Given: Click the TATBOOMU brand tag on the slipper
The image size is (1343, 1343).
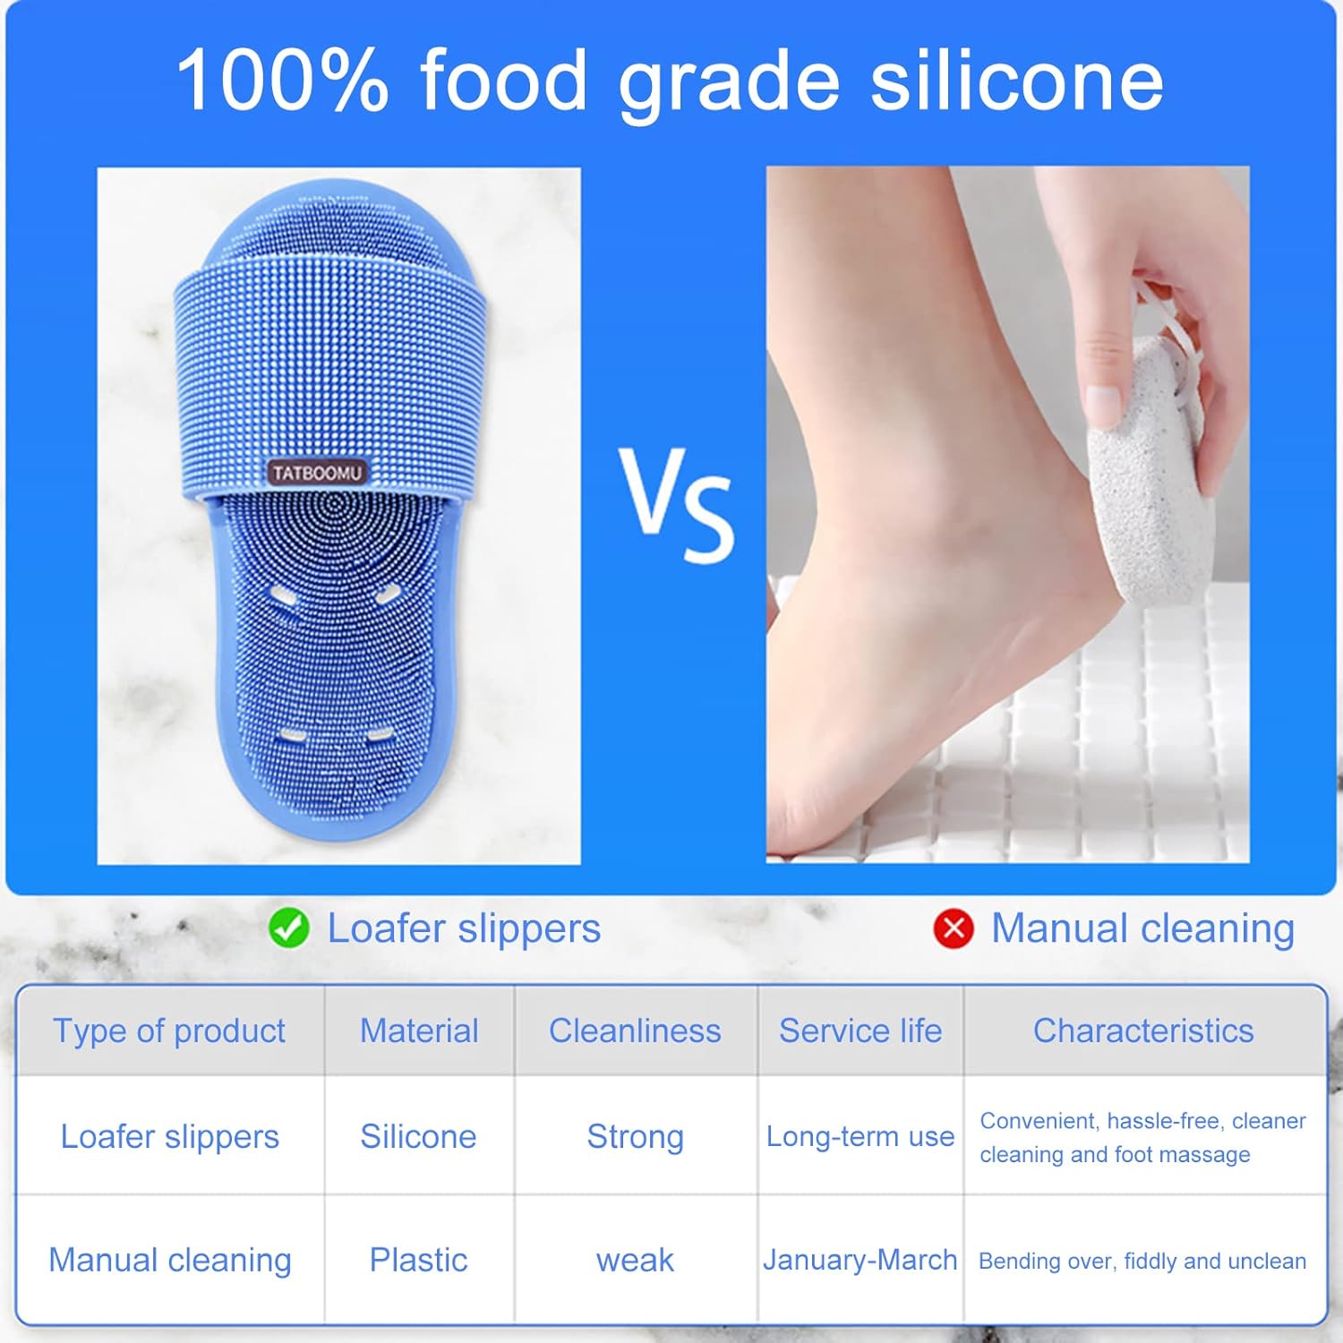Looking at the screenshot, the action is coord(317,473).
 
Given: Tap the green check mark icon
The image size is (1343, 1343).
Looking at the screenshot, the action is coord(288,928).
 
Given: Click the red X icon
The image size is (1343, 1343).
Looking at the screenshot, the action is coord(954,928).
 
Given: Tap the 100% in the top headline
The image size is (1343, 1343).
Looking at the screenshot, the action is coord(282,81).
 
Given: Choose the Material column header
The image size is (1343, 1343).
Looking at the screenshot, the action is coord(419,1031).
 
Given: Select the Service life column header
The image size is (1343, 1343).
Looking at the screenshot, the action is coord(860,1031).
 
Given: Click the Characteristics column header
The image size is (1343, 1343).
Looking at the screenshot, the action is coord(1143,1031).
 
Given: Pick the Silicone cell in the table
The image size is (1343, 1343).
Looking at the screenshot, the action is coord(418,1136).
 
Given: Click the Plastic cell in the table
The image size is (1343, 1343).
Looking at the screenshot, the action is coord(418,1260).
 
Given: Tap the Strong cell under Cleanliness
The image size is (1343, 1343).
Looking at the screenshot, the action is coord(635,1137).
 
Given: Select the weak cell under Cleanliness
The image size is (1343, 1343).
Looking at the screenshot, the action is coord(635,1261).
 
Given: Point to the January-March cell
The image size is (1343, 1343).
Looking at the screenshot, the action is coord(860,1260).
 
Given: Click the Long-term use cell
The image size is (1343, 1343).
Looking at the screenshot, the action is coord(860,1136).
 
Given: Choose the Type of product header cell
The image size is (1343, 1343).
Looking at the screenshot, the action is coord(169,1031).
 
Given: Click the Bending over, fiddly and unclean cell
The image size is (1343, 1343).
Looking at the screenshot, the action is coord(1142,1261).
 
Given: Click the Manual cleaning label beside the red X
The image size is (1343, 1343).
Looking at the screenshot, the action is coord(1143,928).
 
